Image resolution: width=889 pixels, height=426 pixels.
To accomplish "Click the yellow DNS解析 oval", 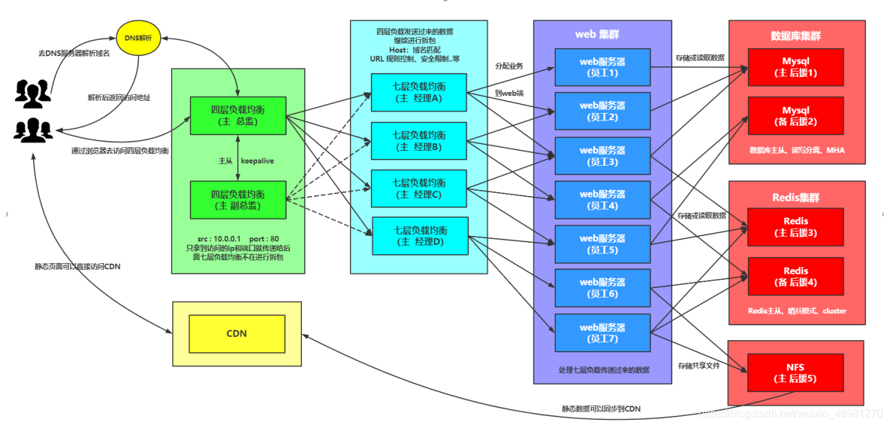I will coord(138,38).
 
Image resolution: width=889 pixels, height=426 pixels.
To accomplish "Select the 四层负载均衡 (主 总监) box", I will coord(238,116).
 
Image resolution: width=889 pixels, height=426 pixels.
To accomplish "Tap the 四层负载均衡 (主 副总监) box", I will coord(238,199).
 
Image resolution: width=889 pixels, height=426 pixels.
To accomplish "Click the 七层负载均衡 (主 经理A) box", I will coord(419,93).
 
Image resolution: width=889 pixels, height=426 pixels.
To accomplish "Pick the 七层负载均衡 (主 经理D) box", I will coord(420,235).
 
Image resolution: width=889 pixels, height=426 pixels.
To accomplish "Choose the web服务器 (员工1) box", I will coord(602,67).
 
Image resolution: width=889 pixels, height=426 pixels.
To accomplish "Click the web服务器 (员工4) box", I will coord(602,199).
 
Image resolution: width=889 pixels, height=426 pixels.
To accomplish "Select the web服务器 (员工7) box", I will coord(602,332).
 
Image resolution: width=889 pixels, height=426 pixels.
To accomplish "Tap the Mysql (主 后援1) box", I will coord(795,67).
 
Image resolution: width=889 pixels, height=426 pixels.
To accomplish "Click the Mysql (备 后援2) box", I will coord(795,116).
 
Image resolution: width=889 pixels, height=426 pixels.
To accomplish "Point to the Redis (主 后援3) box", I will coord(795,227).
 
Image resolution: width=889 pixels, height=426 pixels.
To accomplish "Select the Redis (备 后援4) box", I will coord(795,277).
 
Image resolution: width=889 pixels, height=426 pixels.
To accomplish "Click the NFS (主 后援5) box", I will coord(795,373).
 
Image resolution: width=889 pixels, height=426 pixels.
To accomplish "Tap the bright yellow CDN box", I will coord(236,333).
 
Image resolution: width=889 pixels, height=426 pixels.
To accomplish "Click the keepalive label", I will coord(257,161).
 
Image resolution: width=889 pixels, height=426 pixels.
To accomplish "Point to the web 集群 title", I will coord(597,34).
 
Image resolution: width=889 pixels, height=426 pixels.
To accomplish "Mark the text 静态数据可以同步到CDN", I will coord(601,409).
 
